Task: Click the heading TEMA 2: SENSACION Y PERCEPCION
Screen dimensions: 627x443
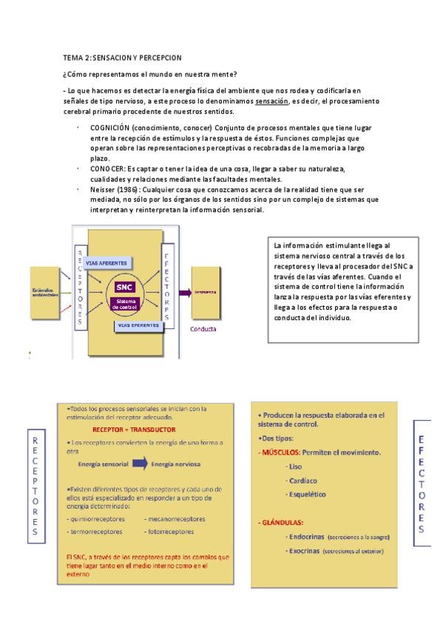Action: tap(122, 57)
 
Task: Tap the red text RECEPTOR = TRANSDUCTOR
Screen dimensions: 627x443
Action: tap(134, 429)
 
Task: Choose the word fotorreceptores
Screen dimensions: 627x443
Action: tap(171, 531)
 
